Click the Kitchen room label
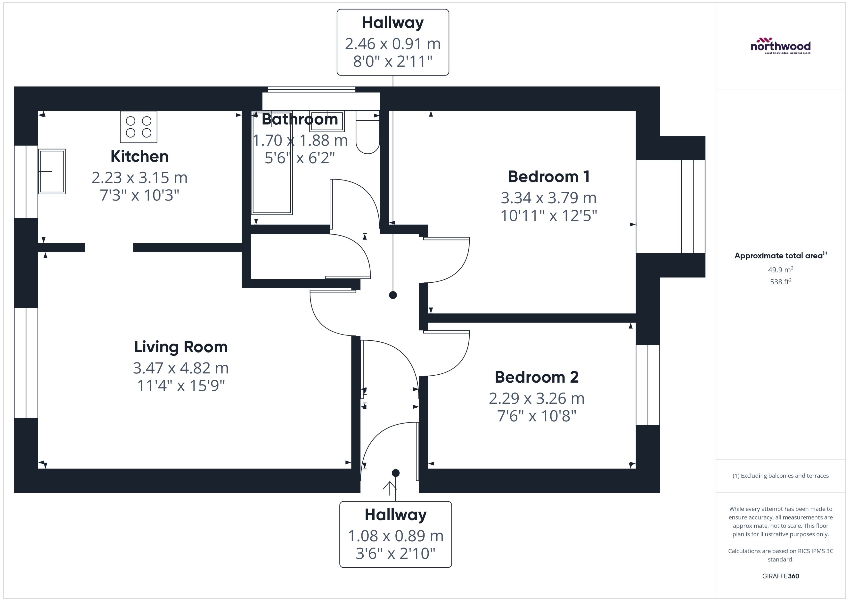click(139, 156)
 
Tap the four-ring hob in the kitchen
click(138, 127)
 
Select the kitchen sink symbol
click(52, 171)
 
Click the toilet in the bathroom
click(367, 133)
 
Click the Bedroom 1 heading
click(549, 177)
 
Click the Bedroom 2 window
click(648, 385)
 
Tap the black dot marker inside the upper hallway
click(393, 295)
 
